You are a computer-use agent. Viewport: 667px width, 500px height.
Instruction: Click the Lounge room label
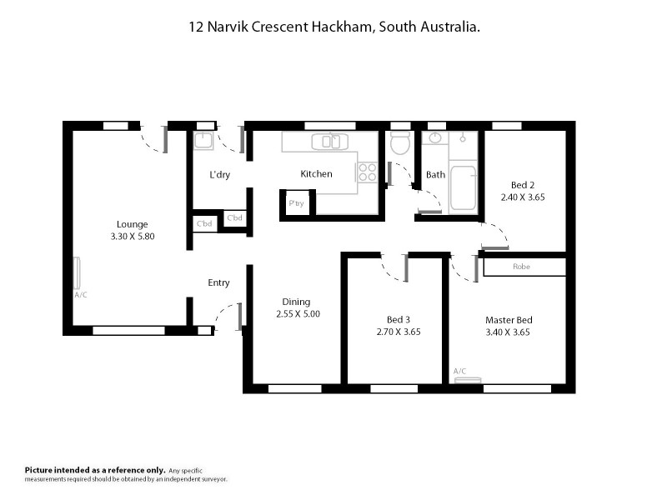(x=133, y=224)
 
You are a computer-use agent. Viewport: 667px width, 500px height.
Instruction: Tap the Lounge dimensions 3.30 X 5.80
(x=133, y=237)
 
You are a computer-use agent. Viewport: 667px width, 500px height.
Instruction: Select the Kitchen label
(x=316, y=174)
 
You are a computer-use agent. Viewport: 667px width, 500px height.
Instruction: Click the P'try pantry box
(x=296, y=203)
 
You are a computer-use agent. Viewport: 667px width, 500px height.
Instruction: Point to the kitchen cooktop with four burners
(x=367, y=172)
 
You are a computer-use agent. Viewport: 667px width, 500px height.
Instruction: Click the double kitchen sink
(x=326, y=142)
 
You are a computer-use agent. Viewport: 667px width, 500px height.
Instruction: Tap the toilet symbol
(x=400, y=144)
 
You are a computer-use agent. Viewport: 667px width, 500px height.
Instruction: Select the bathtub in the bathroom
(x=462, y=188)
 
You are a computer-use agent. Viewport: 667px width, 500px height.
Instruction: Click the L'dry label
(x=219, y=175)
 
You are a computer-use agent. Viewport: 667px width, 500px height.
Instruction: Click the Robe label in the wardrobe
(x=521, y=267)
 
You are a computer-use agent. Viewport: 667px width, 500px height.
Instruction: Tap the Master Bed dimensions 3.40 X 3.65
(x=509, y=332)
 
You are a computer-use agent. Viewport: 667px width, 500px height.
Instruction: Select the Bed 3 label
(x=398, y=319)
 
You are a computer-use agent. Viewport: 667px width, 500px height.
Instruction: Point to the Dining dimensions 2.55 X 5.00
(x=298, y=314)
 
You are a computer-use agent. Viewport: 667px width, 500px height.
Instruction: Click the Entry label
(x=218, y=283)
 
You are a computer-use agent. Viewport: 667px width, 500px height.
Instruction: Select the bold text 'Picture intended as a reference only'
(x=95, y=471)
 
